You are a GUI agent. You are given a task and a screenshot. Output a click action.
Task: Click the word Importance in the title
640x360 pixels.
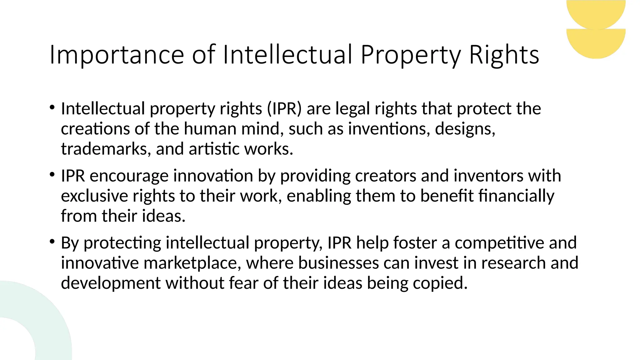(117, 55)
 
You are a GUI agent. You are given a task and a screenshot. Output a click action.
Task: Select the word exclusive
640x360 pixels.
(94, 196)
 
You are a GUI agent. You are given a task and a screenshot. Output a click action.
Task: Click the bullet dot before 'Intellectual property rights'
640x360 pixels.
(52, 108)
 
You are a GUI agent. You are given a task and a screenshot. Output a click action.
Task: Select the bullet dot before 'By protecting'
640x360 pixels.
(52, 242)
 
